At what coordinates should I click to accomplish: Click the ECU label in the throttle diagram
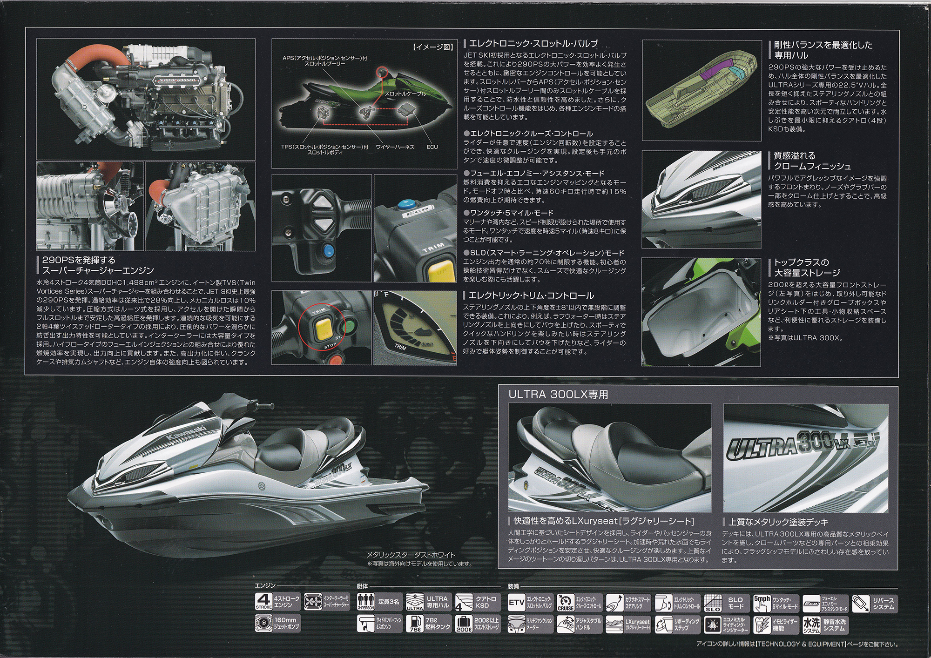pyautogui.click(x=432, y=147)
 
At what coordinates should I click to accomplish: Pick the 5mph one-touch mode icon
pyautogui.click(x=762, y=603)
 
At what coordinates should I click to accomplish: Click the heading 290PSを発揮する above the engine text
pyautogui.click(x=79, y=260)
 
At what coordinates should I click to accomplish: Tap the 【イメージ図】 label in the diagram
pyautogui.click(x=432, y=47)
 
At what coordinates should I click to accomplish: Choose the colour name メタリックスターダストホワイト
pyautogui.click(x=411, y=555)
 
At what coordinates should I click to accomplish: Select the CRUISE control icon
pyautogui.click(x=566, y=603)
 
